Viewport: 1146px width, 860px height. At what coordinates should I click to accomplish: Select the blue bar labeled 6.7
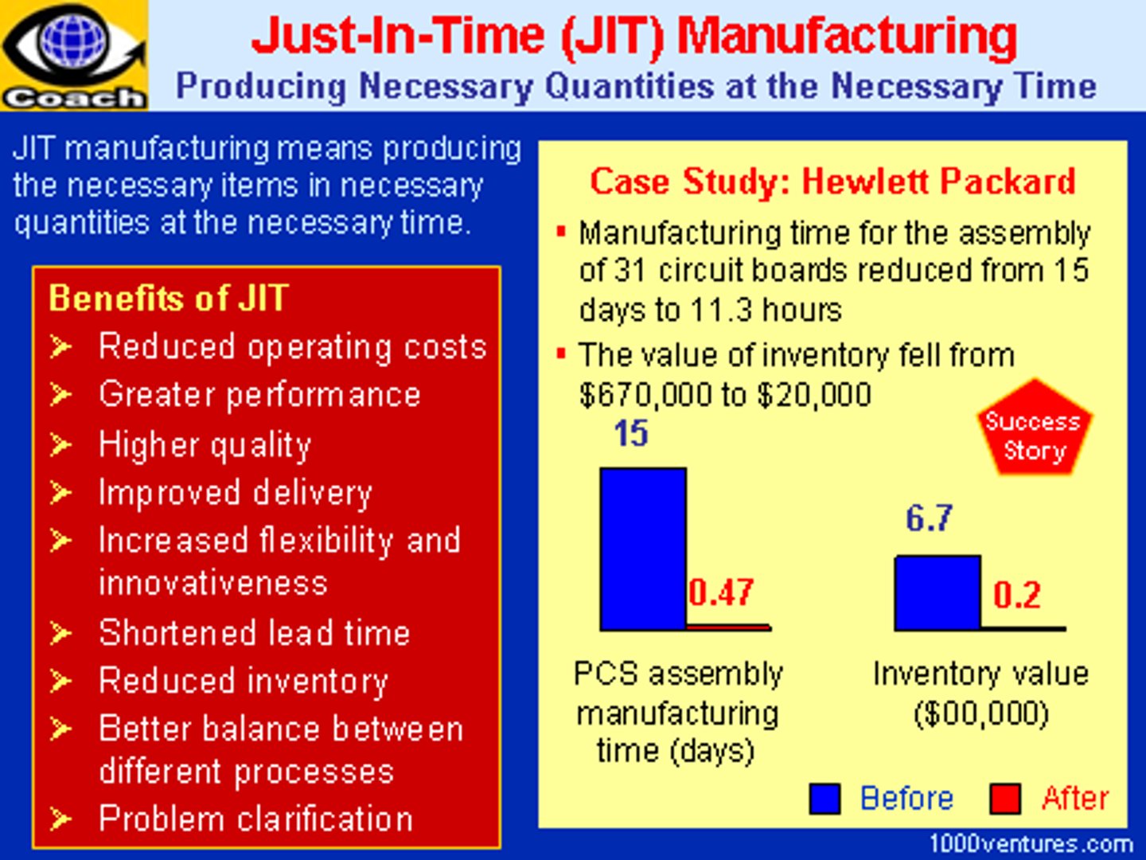coord(937,592)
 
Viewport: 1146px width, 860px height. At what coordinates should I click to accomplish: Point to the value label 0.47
coord(721,592)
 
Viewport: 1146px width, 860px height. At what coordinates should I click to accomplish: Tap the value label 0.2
coord(1016,595)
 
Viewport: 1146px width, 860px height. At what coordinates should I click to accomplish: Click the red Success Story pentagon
coord(1034,430)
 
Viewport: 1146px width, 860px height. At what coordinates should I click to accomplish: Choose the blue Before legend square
coord(824,799)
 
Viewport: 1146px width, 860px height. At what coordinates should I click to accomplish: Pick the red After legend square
coord(1005,799)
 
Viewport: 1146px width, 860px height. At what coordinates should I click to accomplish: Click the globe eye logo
coord(73,44)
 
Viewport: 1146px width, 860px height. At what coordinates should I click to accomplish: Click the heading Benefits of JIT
coord(168,299)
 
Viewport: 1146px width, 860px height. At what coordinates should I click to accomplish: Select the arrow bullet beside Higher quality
coord(60,444)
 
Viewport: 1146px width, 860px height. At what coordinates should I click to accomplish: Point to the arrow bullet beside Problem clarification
coord(60,819)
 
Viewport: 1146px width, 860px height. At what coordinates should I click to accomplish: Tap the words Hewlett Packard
coord(938,182)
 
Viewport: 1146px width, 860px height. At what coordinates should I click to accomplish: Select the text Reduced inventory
coord(244,682)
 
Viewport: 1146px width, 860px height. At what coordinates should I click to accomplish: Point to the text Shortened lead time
coord(255,633)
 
